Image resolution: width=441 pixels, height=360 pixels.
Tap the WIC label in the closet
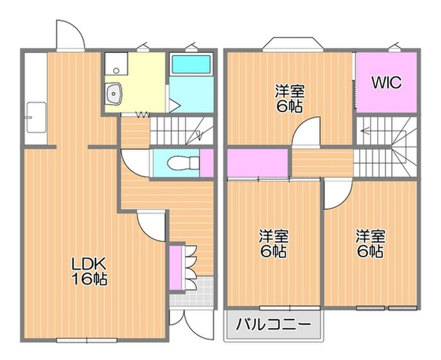[386, 82]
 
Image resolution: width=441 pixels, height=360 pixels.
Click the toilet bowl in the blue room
[183, 163]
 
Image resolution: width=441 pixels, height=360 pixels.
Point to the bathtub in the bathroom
[191, 64]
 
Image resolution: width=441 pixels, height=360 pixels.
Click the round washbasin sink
[114, 93]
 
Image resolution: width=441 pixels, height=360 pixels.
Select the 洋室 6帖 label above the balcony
[273, 244]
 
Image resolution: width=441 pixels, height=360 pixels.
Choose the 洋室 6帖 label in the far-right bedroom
[370, 244]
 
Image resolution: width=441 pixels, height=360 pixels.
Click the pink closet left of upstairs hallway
[257, 162]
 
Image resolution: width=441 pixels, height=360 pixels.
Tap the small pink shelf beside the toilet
[207, 163]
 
